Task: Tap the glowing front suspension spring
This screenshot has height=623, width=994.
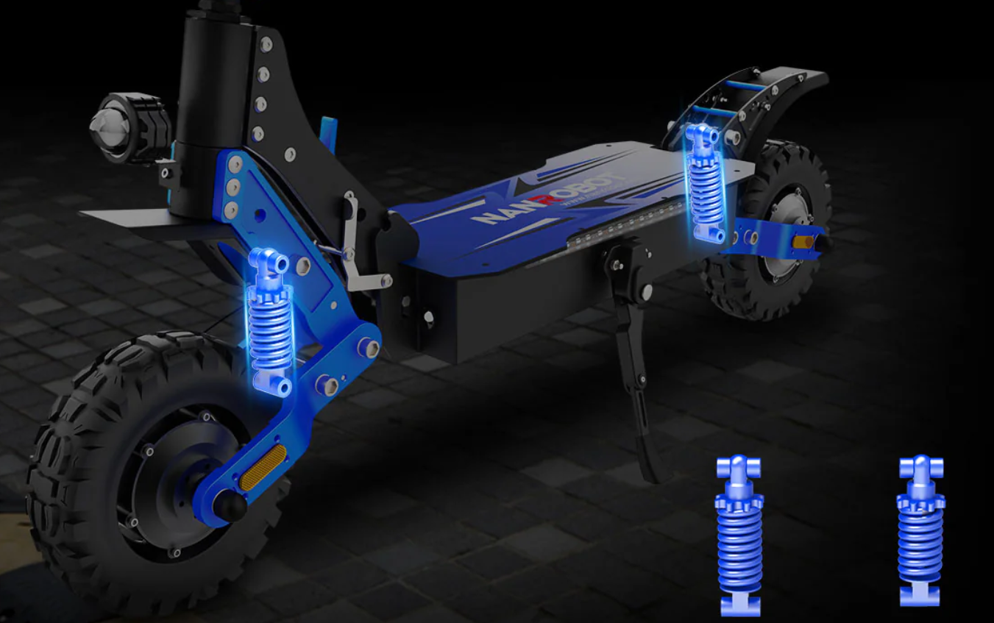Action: (x=271, y=331)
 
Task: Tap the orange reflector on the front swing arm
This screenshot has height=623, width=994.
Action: (x=264, y=466)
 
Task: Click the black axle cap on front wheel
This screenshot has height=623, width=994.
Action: (x=229, y=507)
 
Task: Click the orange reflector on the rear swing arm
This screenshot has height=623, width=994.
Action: (x=805, y=241)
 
